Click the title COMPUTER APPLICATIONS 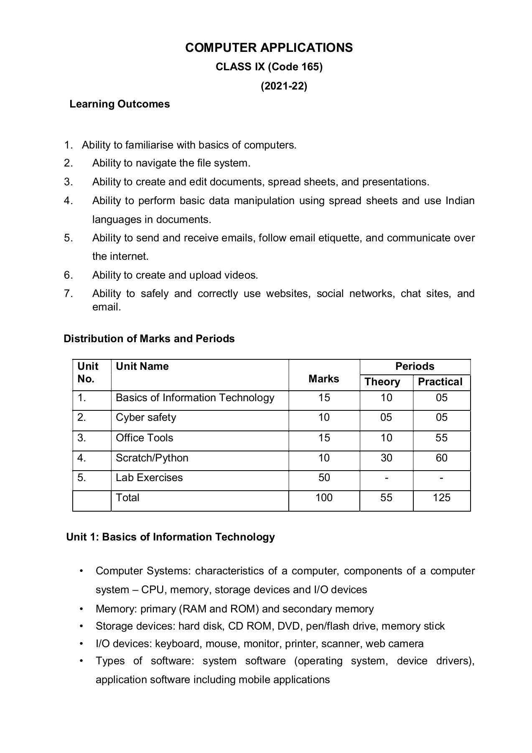tap(269, 48)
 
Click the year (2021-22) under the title tap(284, 86)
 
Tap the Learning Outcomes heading tap(120, 104)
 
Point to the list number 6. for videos tap(68, 275)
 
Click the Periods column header tap(415, 366)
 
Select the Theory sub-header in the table tap(382, 382)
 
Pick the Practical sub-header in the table tap(440, 382)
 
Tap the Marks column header tap(323, 379)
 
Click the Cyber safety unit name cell tap(146, 417)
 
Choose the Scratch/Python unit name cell tap(152, 458)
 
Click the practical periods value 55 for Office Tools tap(441, 438)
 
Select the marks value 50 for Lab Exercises tap(324, 478)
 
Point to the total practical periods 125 tap(441, 498)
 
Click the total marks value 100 tap(324, 498)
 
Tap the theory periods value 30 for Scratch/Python tap(386, 458)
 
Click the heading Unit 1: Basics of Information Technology tap(171, 537)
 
